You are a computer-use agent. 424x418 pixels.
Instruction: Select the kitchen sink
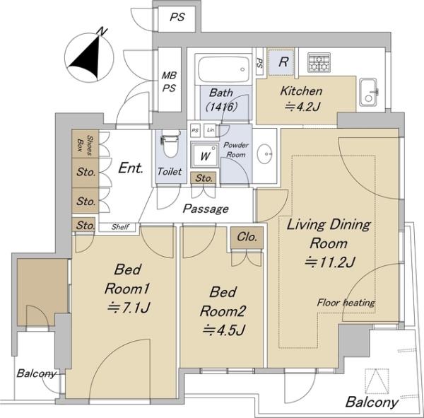point(368,93)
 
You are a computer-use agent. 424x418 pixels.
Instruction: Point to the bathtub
point(223,69)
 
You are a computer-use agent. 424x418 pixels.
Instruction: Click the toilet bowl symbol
point(170,144)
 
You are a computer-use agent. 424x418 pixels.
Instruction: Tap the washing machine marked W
point(204,156)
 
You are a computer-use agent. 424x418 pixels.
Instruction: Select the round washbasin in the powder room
point(264,153)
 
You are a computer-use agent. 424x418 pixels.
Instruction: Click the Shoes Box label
point(86,144)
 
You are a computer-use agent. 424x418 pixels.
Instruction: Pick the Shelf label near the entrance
point(120,227)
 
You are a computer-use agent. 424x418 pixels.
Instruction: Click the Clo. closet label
point(247,237)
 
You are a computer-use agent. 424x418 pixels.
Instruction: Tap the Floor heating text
point(346,303)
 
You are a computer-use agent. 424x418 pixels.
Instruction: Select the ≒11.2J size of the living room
point(329,262)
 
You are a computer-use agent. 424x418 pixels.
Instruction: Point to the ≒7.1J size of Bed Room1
point(129,308)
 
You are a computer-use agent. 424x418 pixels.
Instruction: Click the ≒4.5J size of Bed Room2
point(224,330)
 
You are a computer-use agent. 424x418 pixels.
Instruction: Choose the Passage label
point(206,209)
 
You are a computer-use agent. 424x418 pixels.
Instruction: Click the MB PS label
point(169,82)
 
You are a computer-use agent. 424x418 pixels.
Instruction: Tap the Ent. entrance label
point(131,168)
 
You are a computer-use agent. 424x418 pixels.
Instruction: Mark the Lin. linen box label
point(211,130)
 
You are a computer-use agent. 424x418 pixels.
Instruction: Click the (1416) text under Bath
point(221,107)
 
